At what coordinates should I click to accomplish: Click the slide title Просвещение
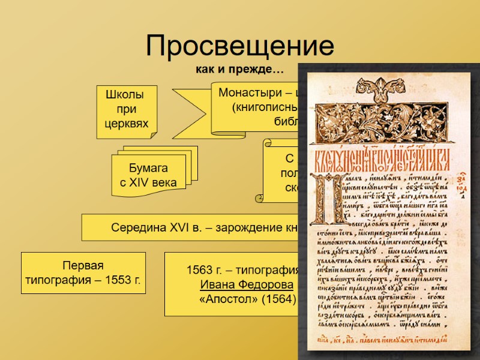pyautogui.click(x=239, y=47)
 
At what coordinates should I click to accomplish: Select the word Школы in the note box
pyautogui.click(x=124, y=95)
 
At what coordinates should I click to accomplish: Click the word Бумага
pyautogui.click(x=149, y=168)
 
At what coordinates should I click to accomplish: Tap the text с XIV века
pyautogui.click(x=149, y=182)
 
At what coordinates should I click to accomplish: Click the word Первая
pyautogui.click(x=83, y=266)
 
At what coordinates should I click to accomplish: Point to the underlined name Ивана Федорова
pyautogui.click(x=239, y=284)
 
